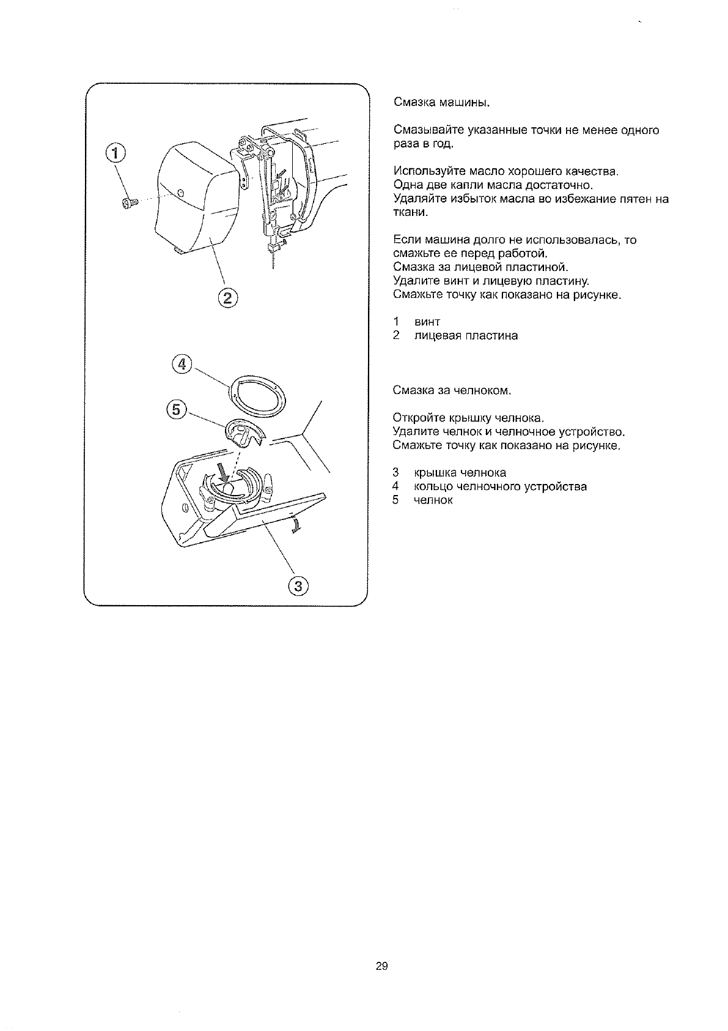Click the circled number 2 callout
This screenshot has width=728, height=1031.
coord(227,299)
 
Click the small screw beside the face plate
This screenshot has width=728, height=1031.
coord(129,202)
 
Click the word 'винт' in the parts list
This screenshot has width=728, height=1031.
coord(427,322)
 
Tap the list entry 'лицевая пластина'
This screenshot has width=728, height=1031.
coord(465,336)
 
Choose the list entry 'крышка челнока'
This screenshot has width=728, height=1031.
coord(460,472)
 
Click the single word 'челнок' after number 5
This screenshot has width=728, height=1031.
coord(433,501)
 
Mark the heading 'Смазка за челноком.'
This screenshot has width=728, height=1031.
coord(452,390)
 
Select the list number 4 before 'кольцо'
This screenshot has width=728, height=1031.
coord(396,486)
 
